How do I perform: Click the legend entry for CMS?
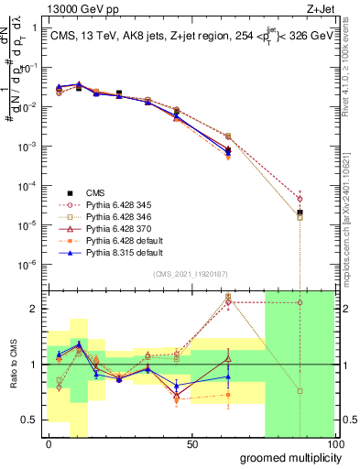click(x=95, y=192)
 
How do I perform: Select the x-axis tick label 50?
click(x=192, y=443)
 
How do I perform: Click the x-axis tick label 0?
click(x=49, y=443)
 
